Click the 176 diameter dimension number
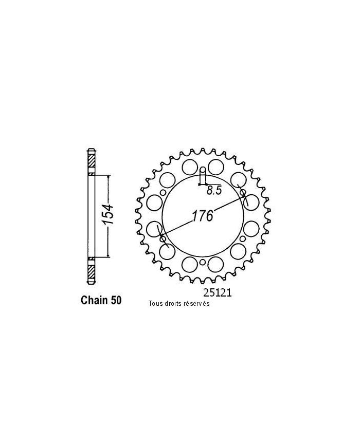coord(203,216)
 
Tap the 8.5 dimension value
coord(213,191)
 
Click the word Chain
coord(94,300)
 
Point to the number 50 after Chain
coord(115,300)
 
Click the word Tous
coord(154,303)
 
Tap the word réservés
coord(196,303)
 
